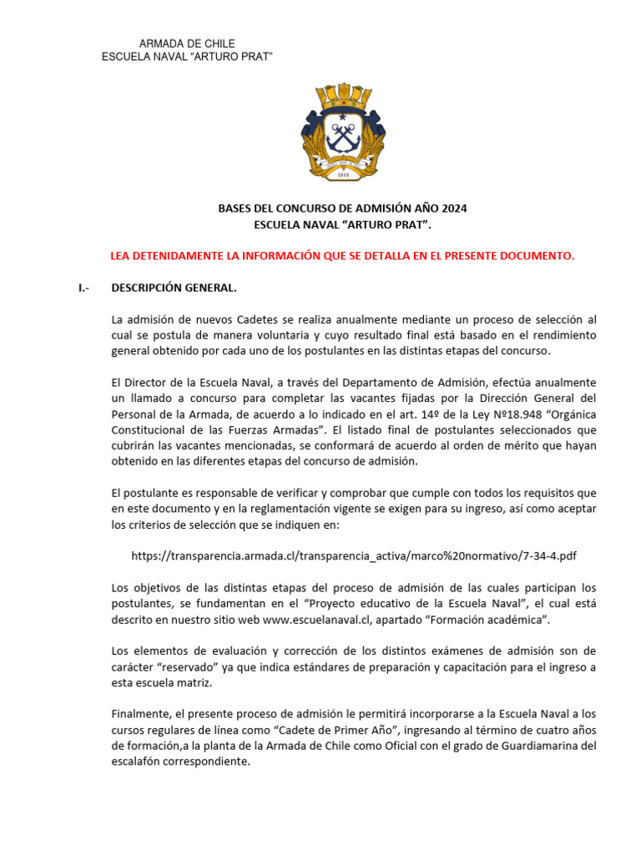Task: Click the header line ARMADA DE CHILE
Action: coord(186,43)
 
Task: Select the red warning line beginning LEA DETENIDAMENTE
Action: coord(343,256)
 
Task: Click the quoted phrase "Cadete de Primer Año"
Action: coord(301,731)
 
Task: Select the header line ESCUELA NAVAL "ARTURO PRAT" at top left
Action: coord(187,56)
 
